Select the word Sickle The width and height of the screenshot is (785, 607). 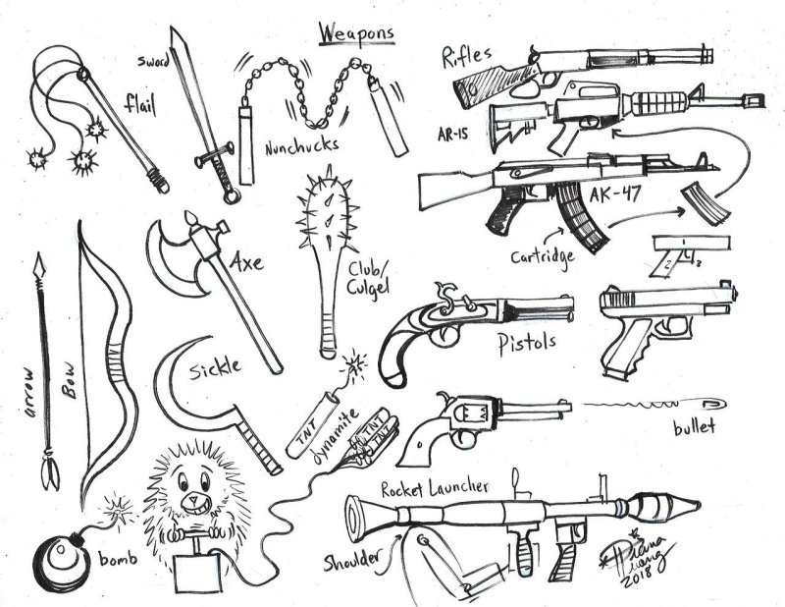click(217, 367)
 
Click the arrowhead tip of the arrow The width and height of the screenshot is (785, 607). click(38, 264)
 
